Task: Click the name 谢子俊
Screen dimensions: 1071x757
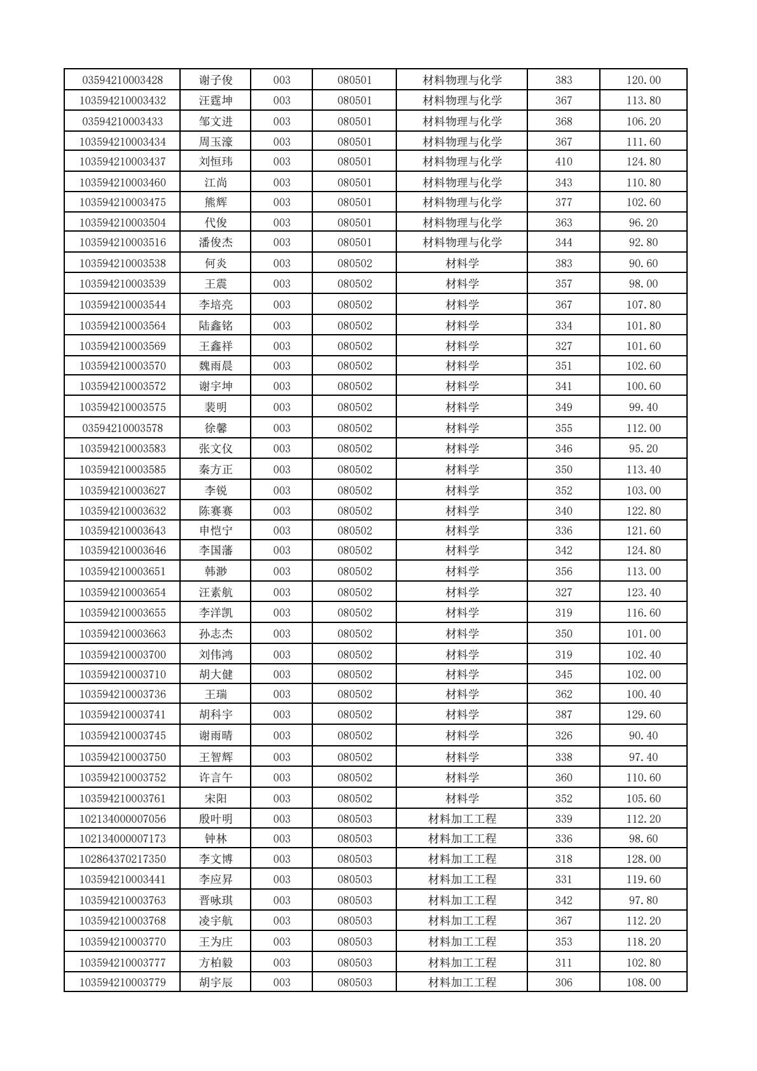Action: [216, 80]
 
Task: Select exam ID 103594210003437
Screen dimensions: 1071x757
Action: [123, 162]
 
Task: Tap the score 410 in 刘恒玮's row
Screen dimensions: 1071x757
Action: [564, 162]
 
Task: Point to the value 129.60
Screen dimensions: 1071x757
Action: [644, 715]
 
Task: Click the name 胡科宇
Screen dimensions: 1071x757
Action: [216, 715]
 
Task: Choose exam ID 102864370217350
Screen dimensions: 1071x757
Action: [123, 859]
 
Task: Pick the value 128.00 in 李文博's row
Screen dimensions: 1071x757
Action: [644, 859]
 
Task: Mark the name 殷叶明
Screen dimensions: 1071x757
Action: [216, 819]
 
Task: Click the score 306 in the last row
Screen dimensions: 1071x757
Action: [564, 983]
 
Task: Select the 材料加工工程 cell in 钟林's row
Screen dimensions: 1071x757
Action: [462, 839]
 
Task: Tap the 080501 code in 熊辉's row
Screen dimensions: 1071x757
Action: [354, 202]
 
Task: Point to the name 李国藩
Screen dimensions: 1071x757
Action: [216, 550]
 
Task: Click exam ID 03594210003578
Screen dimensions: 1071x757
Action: [123, 428]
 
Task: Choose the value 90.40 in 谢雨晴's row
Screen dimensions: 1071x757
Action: [644, 736]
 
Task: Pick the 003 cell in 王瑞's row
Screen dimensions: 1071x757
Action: [282, 694]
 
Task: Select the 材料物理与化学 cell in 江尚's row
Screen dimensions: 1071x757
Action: [462, 183]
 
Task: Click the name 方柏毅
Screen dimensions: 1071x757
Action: [216, 963]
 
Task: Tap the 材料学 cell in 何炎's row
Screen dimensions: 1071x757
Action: [462, 263]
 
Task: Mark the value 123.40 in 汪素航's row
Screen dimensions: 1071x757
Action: [644, 592]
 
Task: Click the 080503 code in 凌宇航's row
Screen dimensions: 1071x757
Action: [354, 921]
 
